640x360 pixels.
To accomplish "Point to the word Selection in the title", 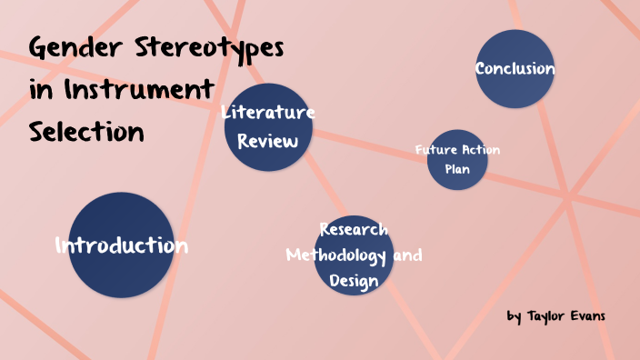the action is point(86,132).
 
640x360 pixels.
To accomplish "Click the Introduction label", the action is point(121,245).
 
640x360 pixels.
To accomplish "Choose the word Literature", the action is point(268,113).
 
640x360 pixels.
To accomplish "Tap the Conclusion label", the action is point(515,69).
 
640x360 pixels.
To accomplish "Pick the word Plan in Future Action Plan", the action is point(457,169).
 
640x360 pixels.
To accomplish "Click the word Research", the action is point(354,229).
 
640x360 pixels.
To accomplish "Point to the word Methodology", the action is point(336,255).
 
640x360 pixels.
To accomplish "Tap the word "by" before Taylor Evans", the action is point(514,317).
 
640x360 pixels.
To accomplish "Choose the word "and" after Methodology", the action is point(407,255).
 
